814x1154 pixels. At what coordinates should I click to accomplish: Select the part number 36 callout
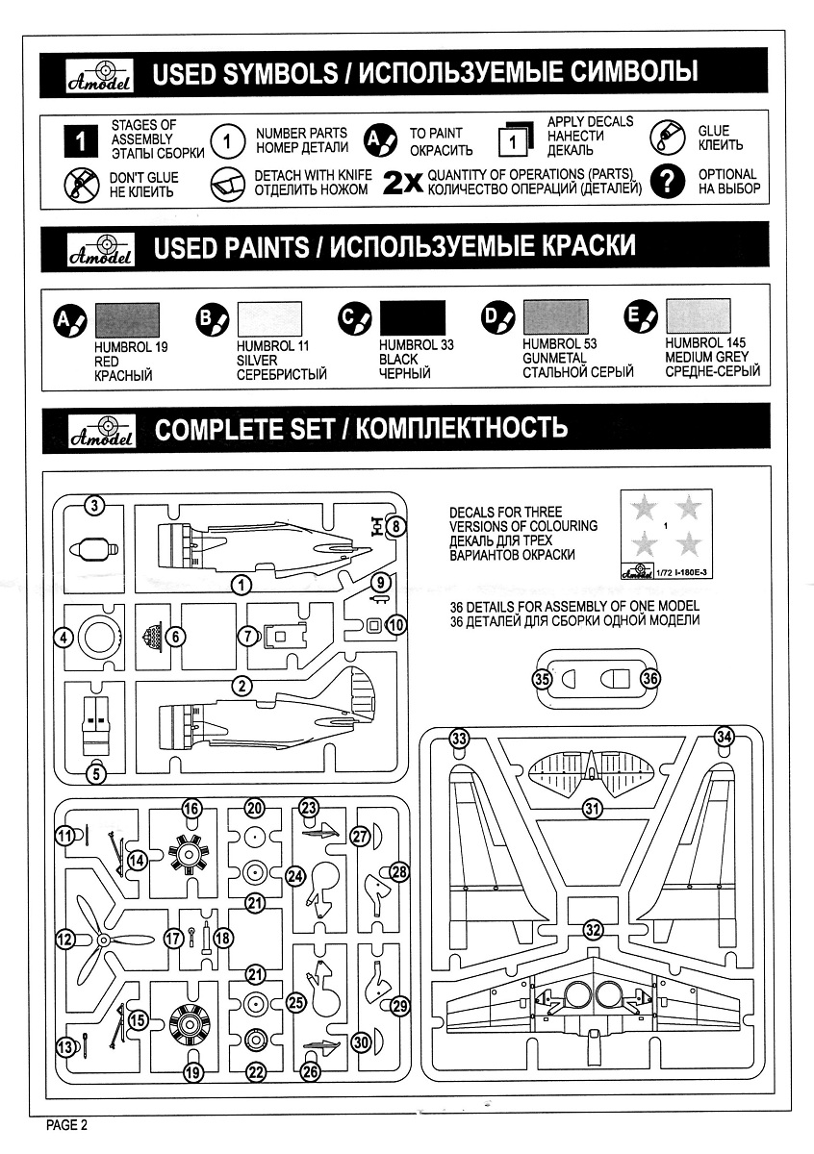tap(650, 678)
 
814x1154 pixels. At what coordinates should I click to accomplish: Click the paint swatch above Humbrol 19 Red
tap(127, 318)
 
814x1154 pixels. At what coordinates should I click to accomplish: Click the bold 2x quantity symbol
tap(403, 183)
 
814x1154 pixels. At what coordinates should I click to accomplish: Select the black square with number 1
tap(81, 141)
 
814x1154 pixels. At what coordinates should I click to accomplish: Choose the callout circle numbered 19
tap(192, 1072)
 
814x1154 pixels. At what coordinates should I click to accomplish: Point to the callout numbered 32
tap(594, 930)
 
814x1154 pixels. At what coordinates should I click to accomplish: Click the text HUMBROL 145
tap(705, 342)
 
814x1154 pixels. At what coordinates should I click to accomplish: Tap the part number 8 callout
tap(397, 526)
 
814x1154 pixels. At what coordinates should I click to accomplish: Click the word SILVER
tap(257, 360)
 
